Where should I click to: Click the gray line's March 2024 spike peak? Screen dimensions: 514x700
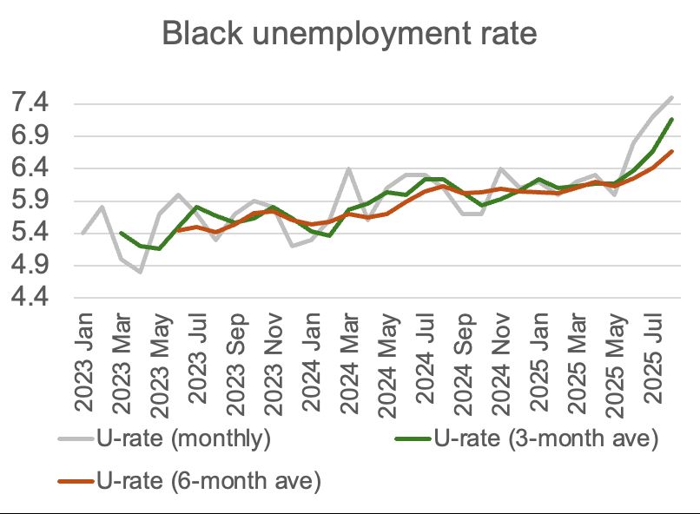pyautogui.click(x=348, y=169)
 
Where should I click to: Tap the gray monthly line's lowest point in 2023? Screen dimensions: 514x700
pyautogui.click(x=140, y=272)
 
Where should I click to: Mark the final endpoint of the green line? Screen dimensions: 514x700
pyautogui.click(x=672, y=120)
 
